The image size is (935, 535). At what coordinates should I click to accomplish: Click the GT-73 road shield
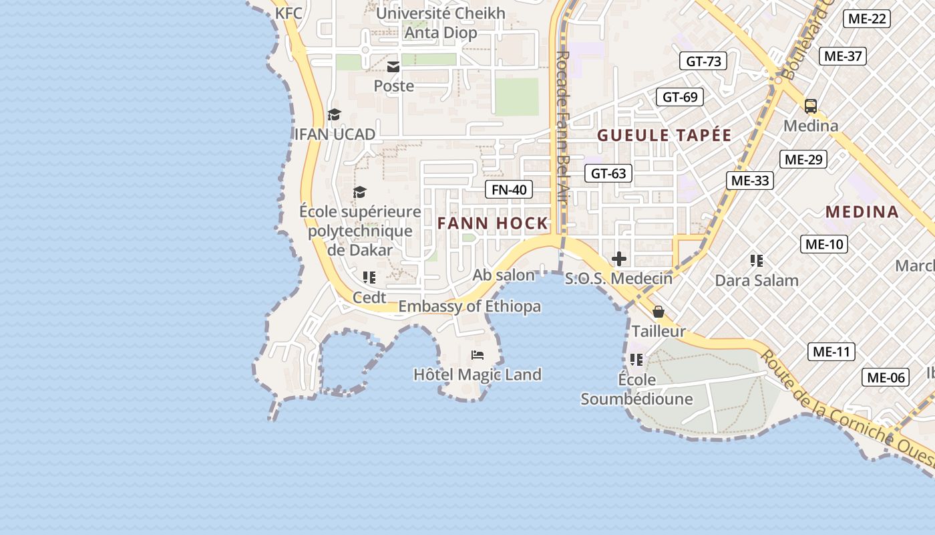[703, 62]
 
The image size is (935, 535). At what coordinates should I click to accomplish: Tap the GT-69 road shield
[680, 97]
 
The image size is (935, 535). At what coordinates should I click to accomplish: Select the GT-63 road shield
[608, 174]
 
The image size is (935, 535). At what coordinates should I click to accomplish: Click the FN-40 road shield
[509, 190]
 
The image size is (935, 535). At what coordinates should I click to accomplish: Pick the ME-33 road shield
[750, 181]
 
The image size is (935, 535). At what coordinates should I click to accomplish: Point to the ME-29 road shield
[803, 159]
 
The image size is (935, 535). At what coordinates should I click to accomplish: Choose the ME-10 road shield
[824, 244]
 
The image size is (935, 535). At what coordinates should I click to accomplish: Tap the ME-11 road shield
[831, 352]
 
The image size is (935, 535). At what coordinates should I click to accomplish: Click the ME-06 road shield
[886, 378]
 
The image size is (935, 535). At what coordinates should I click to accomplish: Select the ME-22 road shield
[867, 19]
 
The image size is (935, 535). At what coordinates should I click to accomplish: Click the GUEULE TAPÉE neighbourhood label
[665, 135]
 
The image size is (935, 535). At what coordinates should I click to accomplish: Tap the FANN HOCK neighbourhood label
[493, 223]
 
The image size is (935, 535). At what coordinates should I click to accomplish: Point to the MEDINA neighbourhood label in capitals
[862, 212]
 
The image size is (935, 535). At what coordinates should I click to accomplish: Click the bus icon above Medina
[810, 106]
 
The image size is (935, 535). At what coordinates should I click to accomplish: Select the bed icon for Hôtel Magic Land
[478, 354]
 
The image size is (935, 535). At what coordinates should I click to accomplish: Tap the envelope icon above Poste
[393, 66]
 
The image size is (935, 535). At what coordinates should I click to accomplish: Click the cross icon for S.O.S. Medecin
[619, 258]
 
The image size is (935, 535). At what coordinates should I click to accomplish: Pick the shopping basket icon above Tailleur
[659, 312]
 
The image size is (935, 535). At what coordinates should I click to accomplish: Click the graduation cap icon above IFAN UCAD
[334, 114]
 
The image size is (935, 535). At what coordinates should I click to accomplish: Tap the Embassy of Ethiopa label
[470, 307]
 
